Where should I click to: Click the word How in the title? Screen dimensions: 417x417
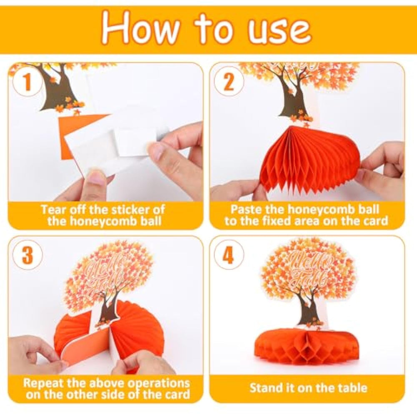point(139,28)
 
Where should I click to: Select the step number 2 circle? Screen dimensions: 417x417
point(229,82)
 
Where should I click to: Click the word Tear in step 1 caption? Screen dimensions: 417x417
point(54,210)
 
